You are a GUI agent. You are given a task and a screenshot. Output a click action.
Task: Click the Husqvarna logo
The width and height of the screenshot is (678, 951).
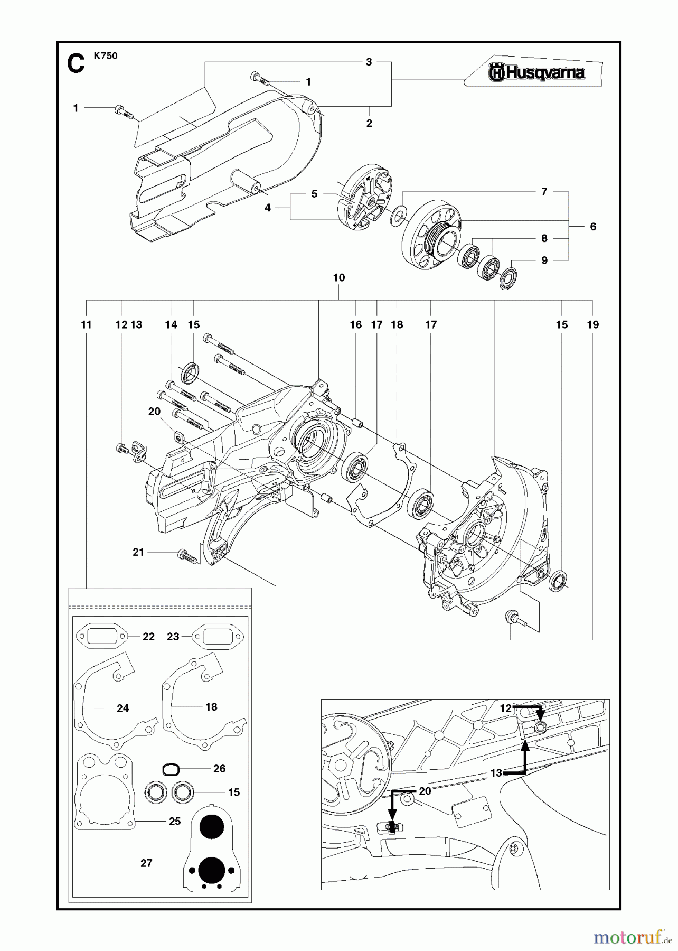click(536, 72)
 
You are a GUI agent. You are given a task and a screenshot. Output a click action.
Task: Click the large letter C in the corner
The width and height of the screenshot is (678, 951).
click(76, 64)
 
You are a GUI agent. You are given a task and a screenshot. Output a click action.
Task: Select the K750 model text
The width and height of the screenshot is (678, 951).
click(106, 56)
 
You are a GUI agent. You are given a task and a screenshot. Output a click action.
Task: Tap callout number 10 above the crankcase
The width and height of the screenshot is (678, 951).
click(338, 277)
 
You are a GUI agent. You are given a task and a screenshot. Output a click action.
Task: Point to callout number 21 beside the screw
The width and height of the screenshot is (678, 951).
click(138, 552)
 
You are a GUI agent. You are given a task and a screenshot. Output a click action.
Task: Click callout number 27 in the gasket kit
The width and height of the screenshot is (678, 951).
click(146, 863)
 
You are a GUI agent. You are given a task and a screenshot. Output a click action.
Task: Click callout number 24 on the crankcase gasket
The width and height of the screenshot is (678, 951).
click(123, 708)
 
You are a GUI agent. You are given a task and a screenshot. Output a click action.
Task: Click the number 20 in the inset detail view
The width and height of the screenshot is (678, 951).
click(425, 791)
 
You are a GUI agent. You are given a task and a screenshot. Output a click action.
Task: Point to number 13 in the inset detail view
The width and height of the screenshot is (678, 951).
click(496, 773)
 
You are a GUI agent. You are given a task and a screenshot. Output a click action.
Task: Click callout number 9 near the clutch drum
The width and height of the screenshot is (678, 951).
click(544, 260)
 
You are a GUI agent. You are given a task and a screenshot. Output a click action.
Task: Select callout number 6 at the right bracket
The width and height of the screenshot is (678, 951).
click(593, 227)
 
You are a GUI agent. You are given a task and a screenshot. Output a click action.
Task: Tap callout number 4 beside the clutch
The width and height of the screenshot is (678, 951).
click(268, 208)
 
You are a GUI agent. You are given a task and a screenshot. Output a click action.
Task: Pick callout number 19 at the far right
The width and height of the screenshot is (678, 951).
click(592, 324)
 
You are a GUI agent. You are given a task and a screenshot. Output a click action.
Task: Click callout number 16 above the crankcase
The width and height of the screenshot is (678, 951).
click(355, 324)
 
